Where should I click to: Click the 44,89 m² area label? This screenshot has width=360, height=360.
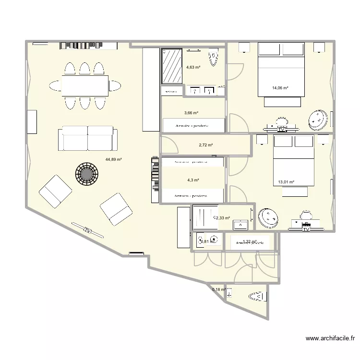114,160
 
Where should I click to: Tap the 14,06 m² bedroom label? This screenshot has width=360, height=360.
280,88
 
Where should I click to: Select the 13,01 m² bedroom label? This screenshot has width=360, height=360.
286,182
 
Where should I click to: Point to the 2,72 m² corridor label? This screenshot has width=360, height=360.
205,145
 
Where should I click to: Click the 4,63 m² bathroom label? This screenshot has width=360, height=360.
193,68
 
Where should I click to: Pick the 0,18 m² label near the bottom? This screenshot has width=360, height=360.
219,289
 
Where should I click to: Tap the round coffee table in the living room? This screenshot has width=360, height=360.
86,173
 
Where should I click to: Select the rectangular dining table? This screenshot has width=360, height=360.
85,86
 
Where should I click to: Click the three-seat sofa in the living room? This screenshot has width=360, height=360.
88,138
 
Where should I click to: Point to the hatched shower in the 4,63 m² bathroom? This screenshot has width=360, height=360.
171,66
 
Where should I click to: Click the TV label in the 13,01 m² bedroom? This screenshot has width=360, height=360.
306,229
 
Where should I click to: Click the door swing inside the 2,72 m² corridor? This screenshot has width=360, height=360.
168,144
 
